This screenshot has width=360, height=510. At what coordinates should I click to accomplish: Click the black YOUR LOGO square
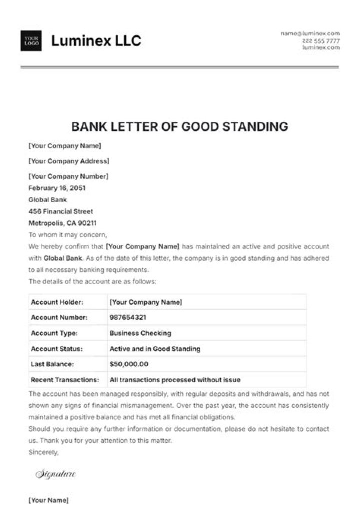click(x=31, y=41)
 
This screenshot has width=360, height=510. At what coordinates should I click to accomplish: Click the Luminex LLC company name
click(x=96, y=41)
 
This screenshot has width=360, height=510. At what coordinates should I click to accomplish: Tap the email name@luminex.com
click(x=310, y=33)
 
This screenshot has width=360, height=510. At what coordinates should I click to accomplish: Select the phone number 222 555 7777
click(x=321, y=40)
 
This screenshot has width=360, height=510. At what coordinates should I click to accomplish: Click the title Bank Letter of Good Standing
click(x=180, y=126)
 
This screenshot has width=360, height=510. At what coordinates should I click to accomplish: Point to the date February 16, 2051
click(x=57, y=188)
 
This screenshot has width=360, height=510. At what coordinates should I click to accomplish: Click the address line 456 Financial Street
click(x=61, y=211)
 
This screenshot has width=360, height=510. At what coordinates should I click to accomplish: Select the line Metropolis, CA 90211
click(x=62, y=223)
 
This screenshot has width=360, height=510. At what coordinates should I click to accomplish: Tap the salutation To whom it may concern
click(x=68, y=234)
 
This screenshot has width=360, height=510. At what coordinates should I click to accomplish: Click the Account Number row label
click(x=59, y=317)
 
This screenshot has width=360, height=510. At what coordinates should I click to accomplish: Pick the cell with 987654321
click(x=128, y=317)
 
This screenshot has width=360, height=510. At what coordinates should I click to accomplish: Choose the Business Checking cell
click(x=140, y=333)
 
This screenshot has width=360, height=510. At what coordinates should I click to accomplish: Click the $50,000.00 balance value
click(x=129, y=364)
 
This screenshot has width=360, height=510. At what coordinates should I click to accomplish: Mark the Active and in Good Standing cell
click(x=155, y=349)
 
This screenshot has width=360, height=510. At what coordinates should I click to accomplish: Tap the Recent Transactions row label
click(x=65, y=380)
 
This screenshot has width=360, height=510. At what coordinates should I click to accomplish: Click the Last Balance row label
click(x=52, y=364)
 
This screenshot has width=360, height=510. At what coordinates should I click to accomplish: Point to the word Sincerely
click(x=44, y=452)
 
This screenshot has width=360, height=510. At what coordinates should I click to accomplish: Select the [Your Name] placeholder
click(x=48, y=500)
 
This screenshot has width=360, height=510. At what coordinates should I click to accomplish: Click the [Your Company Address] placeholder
click(x=69, y=161)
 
